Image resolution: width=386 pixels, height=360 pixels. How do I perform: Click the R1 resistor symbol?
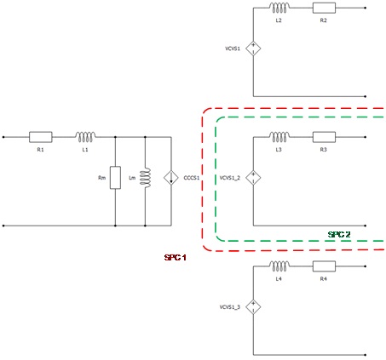click(x=41, y=137)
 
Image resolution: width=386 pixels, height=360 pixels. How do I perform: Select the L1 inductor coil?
click(x=85, y=136)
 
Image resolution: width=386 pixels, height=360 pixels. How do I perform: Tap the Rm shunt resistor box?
click(x=115, y=178)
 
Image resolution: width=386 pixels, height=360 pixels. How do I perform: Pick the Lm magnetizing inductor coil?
click(x=146, y=178)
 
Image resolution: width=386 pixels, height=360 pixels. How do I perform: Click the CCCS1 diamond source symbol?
click(x=171, y=178)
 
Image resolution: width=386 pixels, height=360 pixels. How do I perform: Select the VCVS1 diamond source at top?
click(x=253, y=49)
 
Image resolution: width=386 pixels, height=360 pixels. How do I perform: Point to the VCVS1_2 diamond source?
click(x=253, y=178)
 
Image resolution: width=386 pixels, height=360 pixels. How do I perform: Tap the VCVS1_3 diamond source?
click(x=253, y=306)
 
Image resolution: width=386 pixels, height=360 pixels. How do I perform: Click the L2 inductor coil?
click(x=279, y=8)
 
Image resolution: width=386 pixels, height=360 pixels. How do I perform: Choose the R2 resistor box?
click(x=324, y=8)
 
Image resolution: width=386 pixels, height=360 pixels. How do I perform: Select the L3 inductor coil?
click(x=279, y=137)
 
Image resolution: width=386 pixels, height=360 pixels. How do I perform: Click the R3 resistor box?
click(x=324, y=137)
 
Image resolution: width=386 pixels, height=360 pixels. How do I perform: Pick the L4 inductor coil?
click(x=279, y=266)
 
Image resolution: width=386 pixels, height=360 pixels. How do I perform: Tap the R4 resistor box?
click(x=324, y=266)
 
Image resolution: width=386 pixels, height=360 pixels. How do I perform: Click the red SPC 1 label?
click(x=176, y=258)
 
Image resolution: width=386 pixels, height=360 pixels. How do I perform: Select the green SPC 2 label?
click(x=339, y=234)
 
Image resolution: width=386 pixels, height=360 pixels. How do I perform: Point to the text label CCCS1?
click(x=192, y=178)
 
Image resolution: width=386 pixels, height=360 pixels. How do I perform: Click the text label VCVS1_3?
click(x=230, y=307)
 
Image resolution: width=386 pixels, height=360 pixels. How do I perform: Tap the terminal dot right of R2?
click(x=366, y=8)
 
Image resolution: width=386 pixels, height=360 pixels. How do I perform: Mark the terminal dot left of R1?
click(x=3, y=137)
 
